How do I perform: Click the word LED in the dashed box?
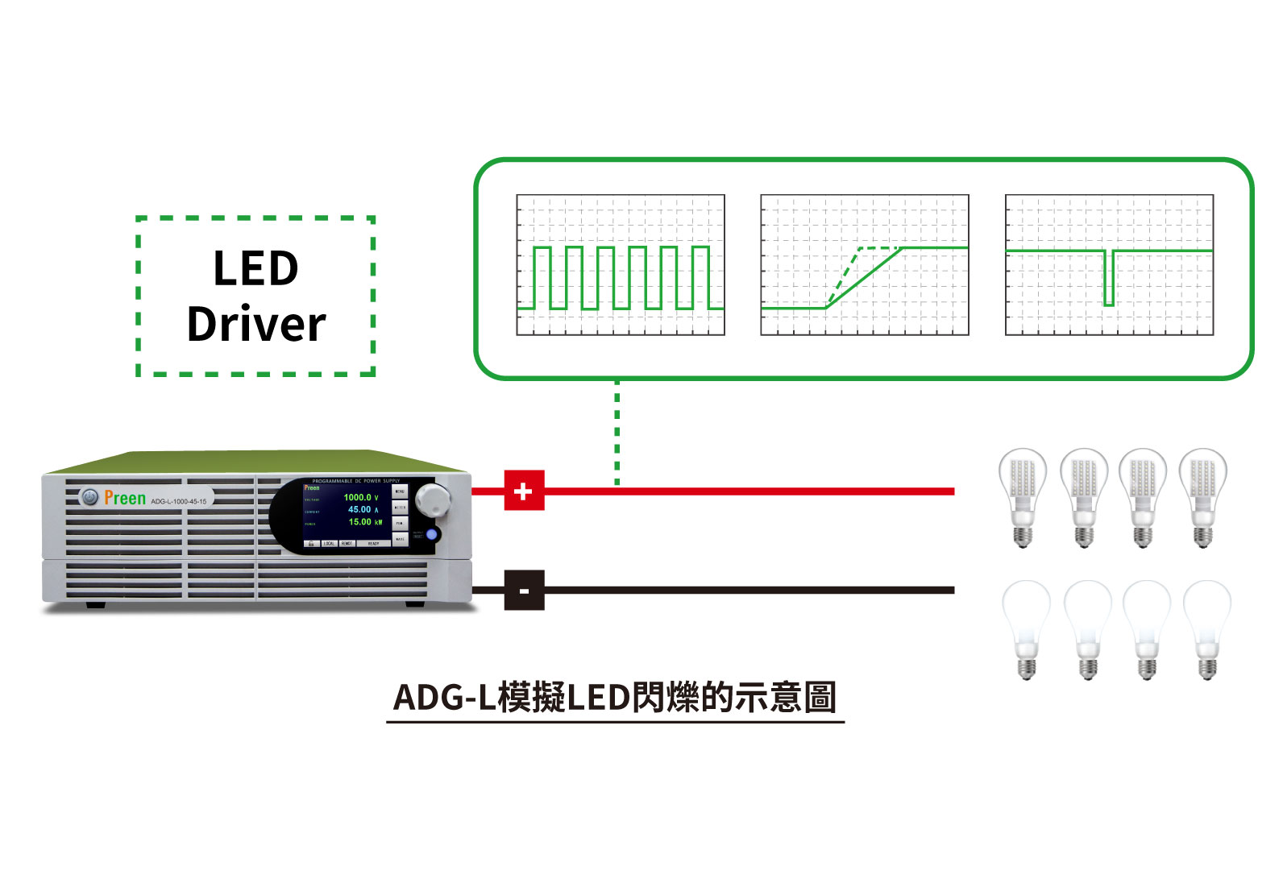click(x=255, y=268)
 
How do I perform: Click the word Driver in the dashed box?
click(x=256, y=324)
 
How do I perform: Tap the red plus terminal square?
click(x=524, y=491)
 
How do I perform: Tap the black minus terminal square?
click(x=524, y=591)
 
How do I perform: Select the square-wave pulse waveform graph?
click(x=621, y=265)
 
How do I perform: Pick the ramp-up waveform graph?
click(x=865, y=265)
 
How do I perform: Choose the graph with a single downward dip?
click(x=1109, y=265)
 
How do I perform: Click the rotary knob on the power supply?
click(x=434, y=500)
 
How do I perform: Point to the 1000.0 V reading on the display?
click(x=360, y=497)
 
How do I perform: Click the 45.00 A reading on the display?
click(x=362, y=509)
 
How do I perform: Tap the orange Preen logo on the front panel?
click(x=125, y=499)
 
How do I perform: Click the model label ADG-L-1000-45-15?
click(x=178, y=501)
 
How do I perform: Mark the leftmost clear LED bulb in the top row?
click(x=1023, y=496)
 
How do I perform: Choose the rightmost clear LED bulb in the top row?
click(x=1202, y=496)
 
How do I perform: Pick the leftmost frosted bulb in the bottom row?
click(x=1026, y=629)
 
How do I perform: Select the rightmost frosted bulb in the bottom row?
click(x=1206, y=629)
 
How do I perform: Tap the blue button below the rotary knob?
click(x=431, y=534)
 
